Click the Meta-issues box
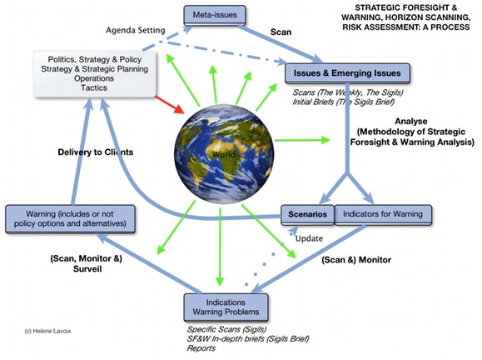215,15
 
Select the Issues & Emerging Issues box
347,73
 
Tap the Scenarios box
307,214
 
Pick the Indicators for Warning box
383,214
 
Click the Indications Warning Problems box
226,307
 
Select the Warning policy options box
70,219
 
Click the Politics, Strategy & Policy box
95,74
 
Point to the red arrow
169,104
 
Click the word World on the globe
223,154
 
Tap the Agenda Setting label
135,30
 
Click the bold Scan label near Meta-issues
281,32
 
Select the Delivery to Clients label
96,152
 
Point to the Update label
309,239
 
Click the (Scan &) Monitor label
356,260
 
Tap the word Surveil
87,268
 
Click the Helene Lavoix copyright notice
47,331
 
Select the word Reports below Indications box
201,348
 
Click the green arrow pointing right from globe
302,140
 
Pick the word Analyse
411,121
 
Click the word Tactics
94,87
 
